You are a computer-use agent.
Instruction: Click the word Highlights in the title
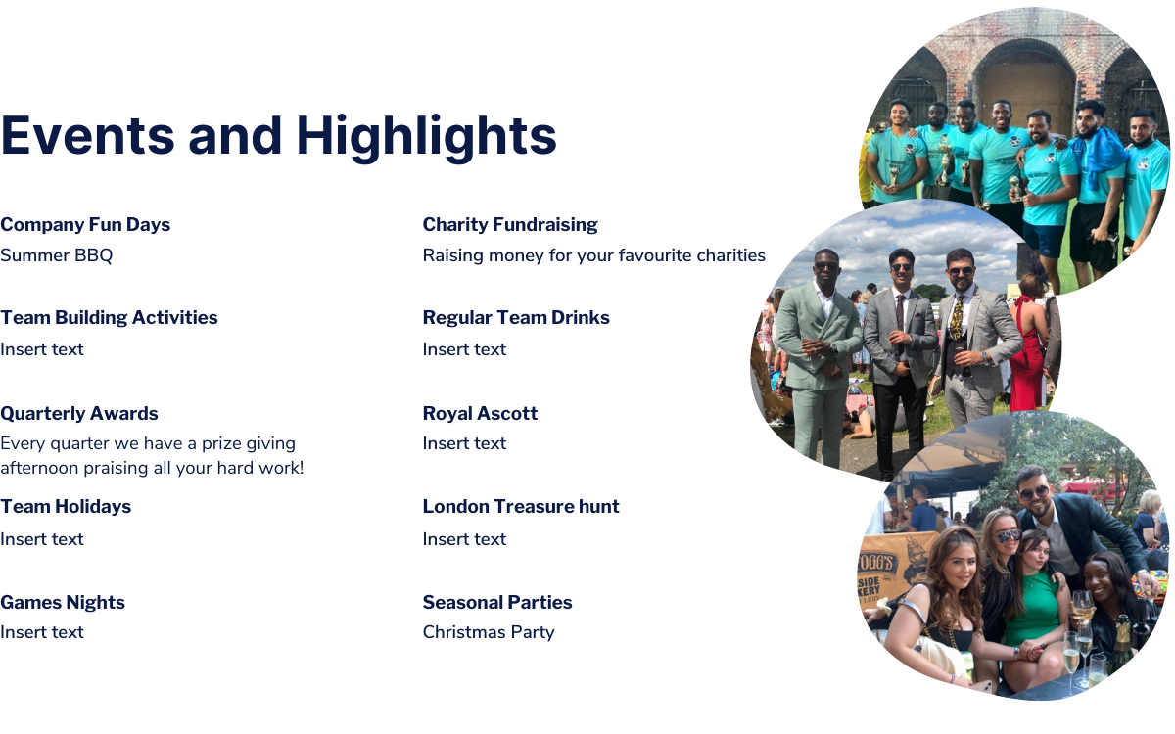coord(427,137)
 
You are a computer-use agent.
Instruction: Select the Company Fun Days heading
coord(85,224)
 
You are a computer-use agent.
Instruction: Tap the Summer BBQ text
coord(56,255)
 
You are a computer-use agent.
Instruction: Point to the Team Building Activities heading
coord(109,317)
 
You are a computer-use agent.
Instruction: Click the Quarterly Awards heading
coord(78,413)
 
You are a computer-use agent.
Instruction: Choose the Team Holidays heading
coord(66,507)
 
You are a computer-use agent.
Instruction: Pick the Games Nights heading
coord(63,602)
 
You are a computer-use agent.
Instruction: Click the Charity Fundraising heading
coord(510,224)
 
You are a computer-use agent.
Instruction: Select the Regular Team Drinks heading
coord(516,317)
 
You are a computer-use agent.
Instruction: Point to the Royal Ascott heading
coord(480,413)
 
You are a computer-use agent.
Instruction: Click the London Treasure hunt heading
coord(521,507)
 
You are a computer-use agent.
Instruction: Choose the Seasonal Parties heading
coord(497,602)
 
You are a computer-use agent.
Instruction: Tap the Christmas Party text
coord(489,632)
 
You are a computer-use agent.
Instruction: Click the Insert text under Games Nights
coord(42,632)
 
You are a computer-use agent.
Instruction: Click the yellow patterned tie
coord(958,318)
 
